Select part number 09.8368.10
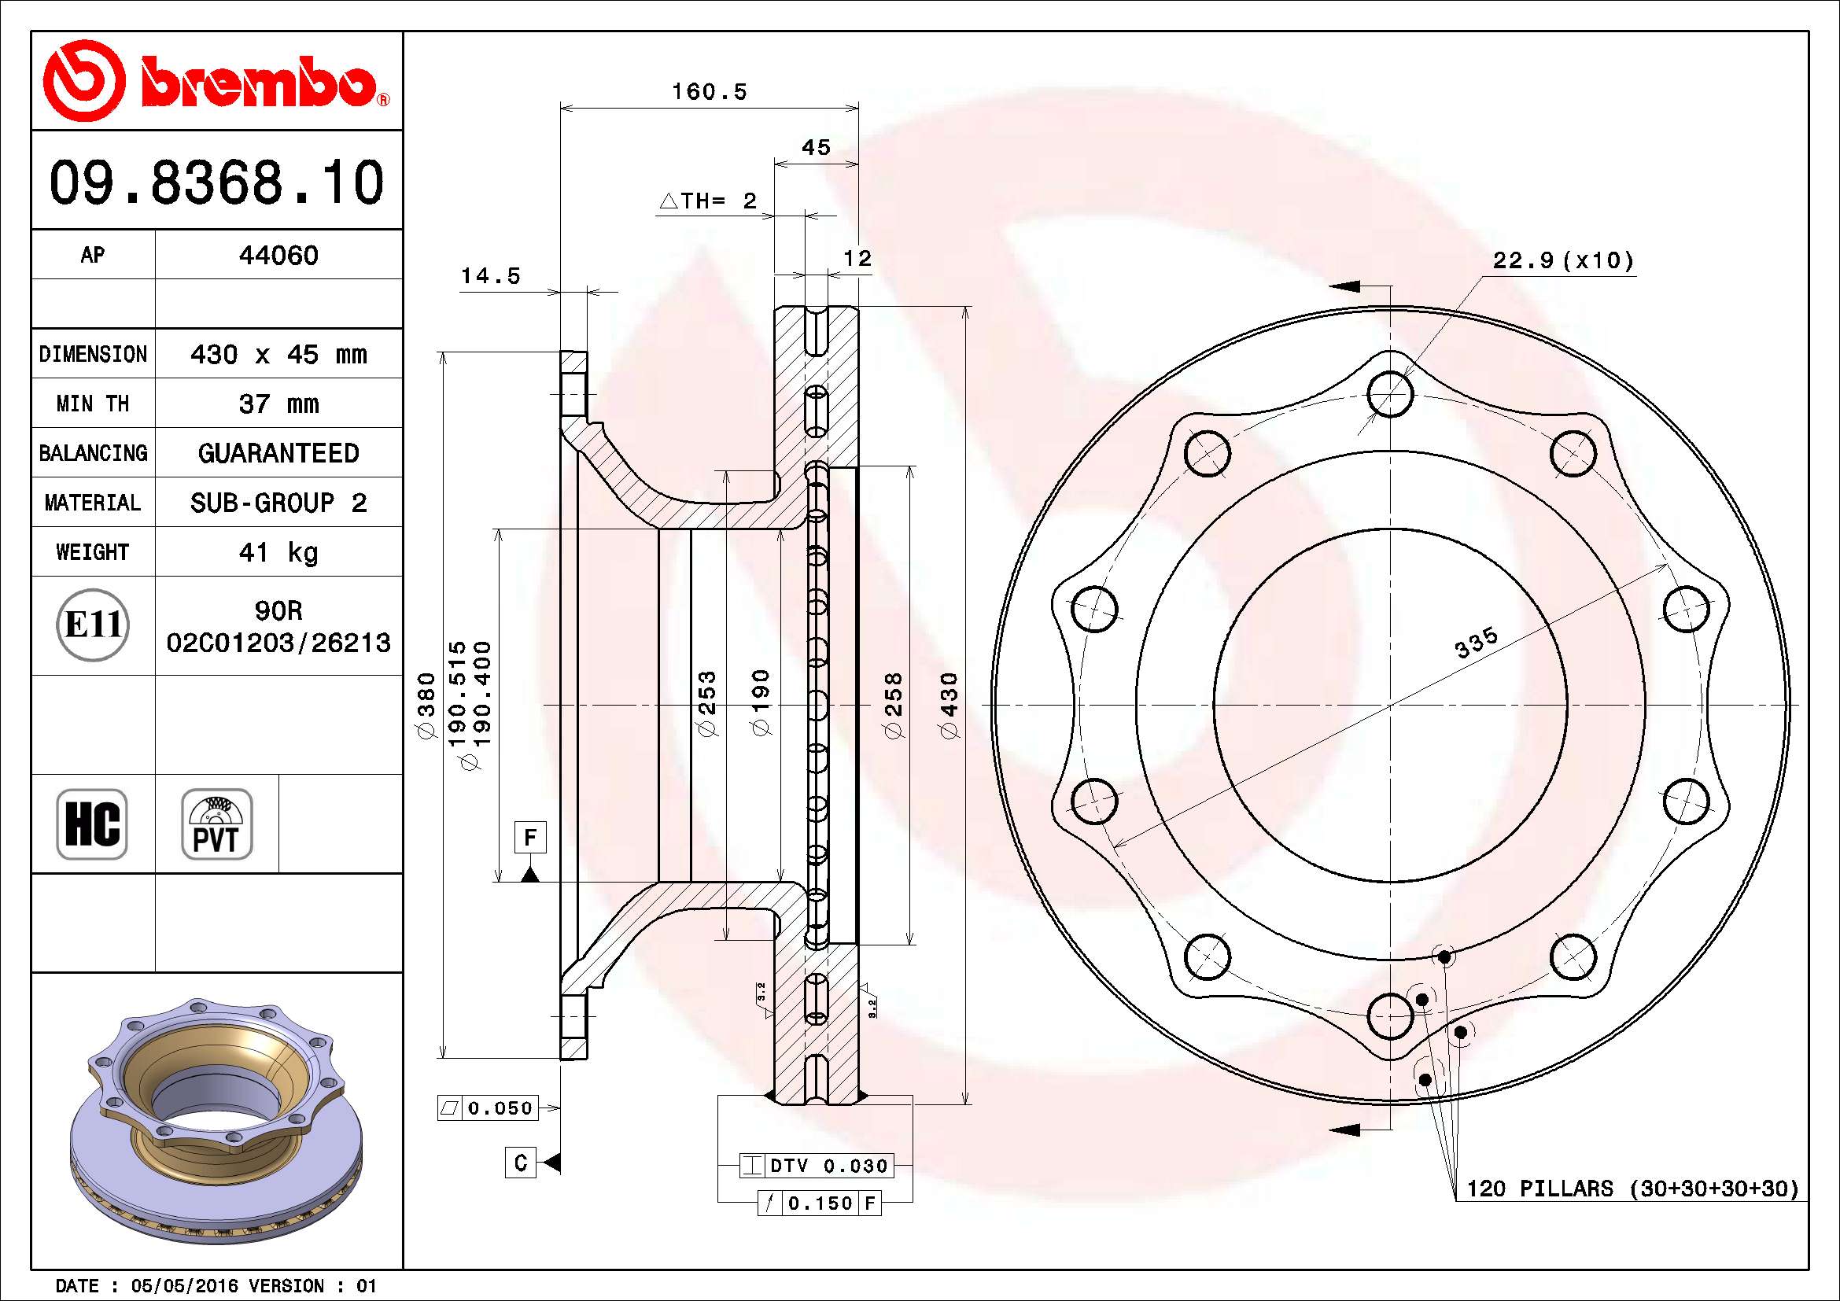[216, 182]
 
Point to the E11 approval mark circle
[93, 625]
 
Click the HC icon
[92, 824]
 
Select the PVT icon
[216, 824]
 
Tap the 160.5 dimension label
[710, 91]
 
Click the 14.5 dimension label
[489, 275]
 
